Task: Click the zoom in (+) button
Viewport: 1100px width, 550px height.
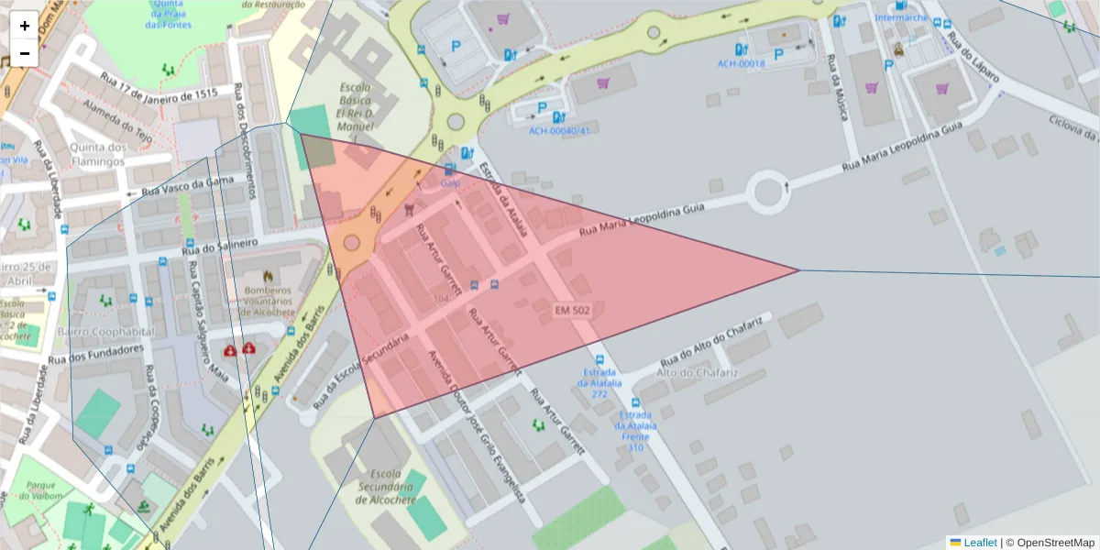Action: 25,26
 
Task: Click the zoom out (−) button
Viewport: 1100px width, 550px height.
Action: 25,53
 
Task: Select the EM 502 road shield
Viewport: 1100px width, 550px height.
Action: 572,311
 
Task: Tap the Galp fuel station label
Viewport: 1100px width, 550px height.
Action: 450,182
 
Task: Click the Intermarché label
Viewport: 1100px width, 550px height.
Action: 901,17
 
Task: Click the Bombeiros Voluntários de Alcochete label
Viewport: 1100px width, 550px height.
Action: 267,300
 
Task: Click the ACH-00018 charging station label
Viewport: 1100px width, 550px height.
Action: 741,64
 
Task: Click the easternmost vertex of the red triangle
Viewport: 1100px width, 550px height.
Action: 798,269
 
